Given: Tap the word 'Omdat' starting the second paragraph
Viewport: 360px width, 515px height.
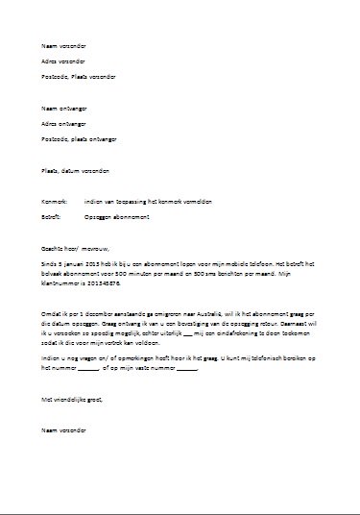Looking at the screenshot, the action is tap(48, 312).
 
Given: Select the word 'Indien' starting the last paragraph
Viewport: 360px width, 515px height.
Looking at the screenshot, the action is tap(48, 358).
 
